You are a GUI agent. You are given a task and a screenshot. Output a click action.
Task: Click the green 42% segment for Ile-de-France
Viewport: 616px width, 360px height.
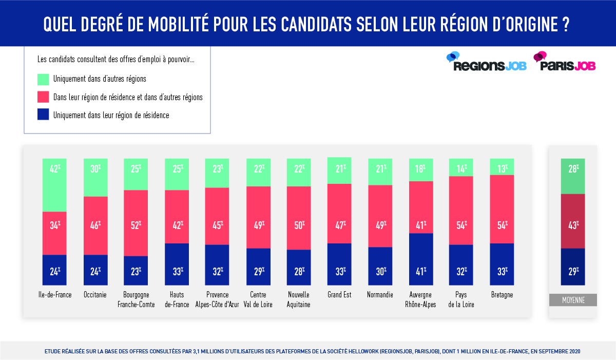(54, 185)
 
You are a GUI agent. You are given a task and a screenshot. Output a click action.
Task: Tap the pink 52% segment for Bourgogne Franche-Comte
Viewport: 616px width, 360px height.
(136, 223)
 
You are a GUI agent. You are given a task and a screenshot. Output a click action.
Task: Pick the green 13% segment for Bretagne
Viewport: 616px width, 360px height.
(502, 166)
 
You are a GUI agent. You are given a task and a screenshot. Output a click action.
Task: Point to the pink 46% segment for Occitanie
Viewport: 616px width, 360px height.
(95, 225)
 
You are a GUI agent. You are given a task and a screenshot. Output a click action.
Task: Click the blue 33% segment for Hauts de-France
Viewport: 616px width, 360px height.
(177, 264)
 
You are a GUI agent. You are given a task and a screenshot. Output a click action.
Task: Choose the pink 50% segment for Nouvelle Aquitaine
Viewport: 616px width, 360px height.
(299, 218)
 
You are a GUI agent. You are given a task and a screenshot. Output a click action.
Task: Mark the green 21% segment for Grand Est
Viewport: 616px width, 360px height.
(339, 170)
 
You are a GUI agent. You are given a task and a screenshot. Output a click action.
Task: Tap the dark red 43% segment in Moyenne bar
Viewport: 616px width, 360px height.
(573, 221)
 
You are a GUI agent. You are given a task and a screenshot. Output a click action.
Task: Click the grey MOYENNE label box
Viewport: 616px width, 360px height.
(573, 300)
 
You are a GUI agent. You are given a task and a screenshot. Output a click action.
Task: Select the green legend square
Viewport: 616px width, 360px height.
(44, 79)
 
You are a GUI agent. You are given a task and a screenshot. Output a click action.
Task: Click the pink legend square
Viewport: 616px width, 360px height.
(44, 97)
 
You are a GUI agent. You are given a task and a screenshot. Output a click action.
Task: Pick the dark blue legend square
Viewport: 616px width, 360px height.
(44, 115)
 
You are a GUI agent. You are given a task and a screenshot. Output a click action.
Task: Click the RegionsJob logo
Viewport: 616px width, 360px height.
(486, 62)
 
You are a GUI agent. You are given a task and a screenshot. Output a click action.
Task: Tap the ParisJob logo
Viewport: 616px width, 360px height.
(565, 62)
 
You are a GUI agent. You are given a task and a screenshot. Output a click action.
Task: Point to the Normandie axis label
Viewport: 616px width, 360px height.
(380, 295)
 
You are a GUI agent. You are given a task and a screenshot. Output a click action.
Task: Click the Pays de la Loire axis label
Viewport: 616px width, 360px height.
(461, 299)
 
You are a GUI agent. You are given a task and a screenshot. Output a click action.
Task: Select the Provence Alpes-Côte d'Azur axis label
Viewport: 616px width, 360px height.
(217, 299)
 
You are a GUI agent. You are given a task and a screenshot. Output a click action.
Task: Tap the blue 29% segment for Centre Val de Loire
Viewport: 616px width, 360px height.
(258, 267)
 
